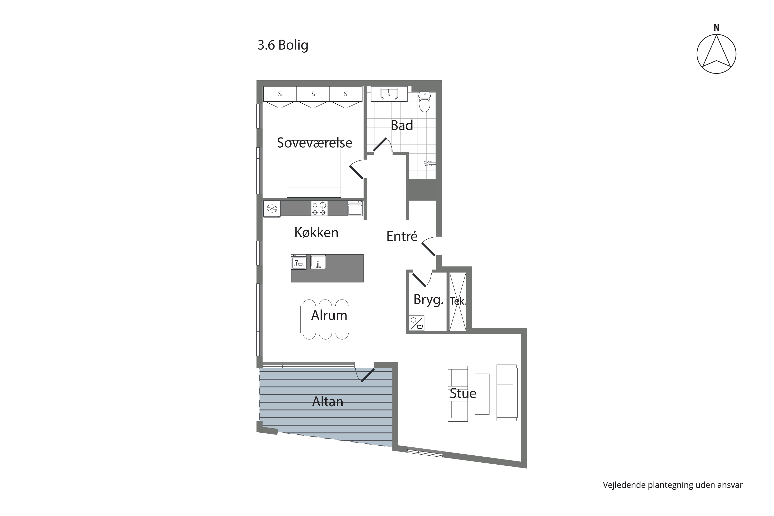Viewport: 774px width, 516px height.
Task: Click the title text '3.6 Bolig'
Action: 283,45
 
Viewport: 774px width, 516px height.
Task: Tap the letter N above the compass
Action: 716,28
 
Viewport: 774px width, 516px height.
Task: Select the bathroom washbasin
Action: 389,94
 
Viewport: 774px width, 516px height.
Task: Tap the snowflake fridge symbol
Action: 272,209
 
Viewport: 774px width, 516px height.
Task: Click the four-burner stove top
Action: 319,208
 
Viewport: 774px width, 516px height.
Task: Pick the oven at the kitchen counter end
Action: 355,208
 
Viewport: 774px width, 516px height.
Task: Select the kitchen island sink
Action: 318,262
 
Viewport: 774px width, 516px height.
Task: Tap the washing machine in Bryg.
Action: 417,323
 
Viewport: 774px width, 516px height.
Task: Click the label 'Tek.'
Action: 458,301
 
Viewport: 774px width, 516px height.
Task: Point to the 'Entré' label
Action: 402,236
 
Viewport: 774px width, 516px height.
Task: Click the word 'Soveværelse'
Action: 315,142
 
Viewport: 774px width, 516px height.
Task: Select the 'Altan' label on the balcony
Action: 327,401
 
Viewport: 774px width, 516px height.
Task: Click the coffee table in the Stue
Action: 482,394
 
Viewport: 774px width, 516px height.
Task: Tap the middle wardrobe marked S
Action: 313,94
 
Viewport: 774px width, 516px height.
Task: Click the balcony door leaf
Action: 368,375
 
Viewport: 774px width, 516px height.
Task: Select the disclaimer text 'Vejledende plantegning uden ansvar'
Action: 673,485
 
